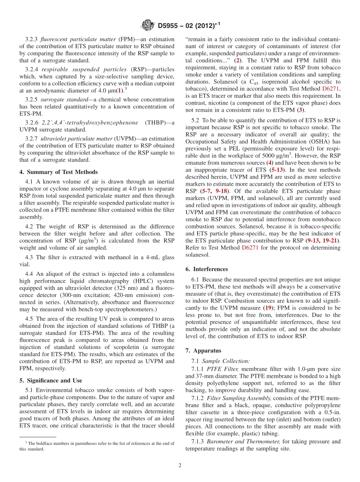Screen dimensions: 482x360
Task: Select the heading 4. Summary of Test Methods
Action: click(58, 172)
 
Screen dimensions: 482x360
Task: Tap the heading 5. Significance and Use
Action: click(51, 380)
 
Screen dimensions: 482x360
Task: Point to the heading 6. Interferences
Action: click(207, 269)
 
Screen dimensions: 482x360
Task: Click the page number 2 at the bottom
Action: click(180, 465)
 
